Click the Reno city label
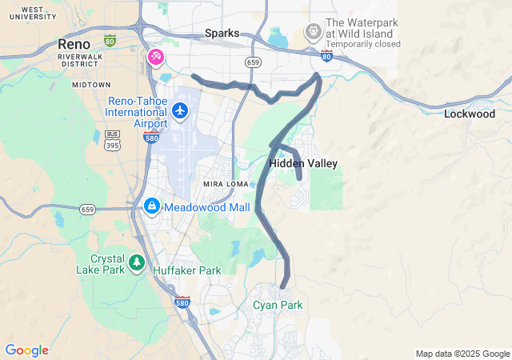tap(74, 44)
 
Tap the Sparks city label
tap(222, 34)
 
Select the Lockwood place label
tap(470, 114)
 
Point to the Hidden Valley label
tap(303, 163)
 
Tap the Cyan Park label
tap(278, 305)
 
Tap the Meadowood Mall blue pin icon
tap(151, 206)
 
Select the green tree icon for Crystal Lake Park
tap(137, 262)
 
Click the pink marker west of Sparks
tap(156, 57)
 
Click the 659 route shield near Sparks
tap(254, 62)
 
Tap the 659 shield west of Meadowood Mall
tap(88, 209)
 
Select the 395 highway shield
tap(113, 144)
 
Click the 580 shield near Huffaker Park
tap(182, 302)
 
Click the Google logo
tap(26, 350)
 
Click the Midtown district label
tap(91, 84)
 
